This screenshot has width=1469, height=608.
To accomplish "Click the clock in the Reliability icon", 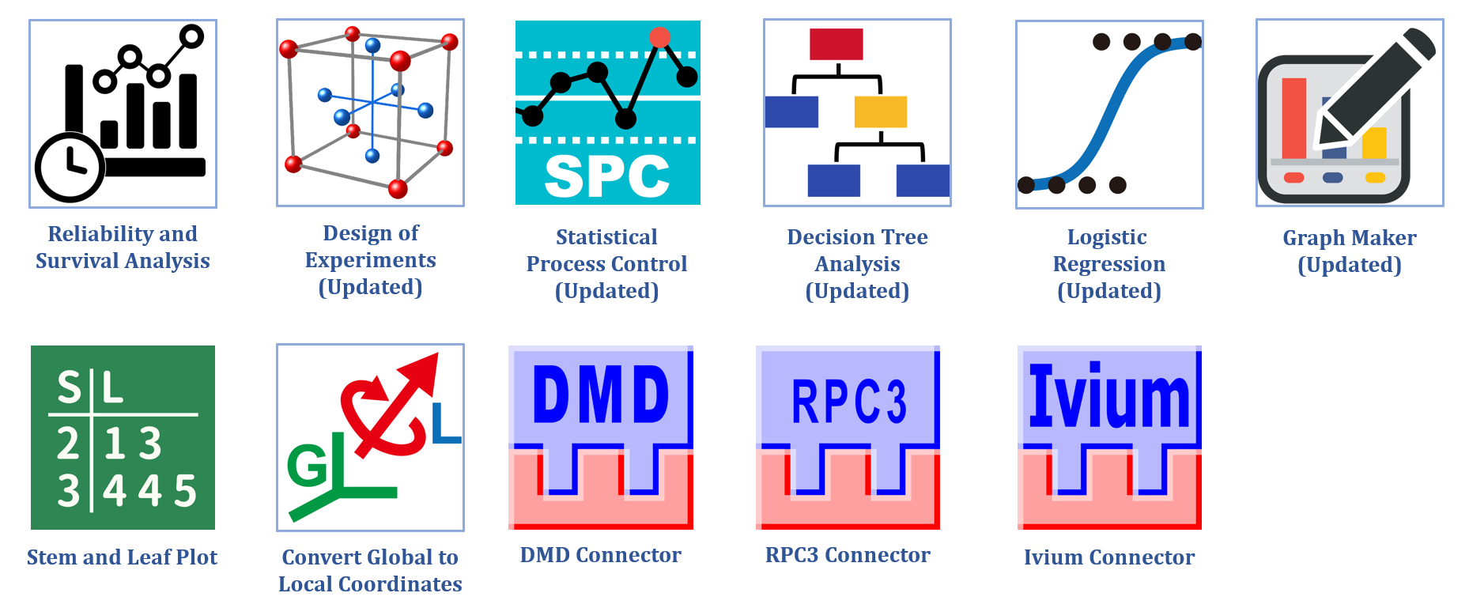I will tap(70, 167).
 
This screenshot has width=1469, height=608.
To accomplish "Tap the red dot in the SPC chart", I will tap(659, 37).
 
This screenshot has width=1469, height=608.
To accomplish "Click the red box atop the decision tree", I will tap(836, 44).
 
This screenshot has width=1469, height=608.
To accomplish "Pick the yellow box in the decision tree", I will tap(880, 111).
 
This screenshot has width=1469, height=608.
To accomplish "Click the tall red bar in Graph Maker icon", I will tap(1293, 119).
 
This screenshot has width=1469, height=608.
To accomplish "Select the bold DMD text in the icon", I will tap(601, 395).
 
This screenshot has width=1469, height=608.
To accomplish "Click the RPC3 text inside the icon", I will tap(848, 402).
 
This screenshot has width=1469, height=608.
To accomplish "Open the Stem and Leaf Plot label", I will tap(122, 557).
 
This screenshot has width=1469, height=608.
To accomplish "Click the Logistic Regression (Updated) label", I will tap(1108, 264).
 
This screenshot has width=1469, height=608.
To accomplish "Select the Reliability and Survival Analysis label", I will tap(123, 247).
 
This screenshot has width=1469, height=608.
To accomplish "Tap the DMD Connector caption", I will tap(600, 555).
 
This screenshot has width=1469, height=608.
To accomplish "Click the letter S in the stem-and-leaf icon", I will tap(69, 387).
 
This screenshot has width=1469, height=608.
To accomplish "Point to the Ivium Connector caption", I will tap(1108, 557).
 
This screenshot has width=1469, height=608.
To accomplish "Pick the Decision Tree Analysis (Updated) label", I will tap(857, 264).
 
